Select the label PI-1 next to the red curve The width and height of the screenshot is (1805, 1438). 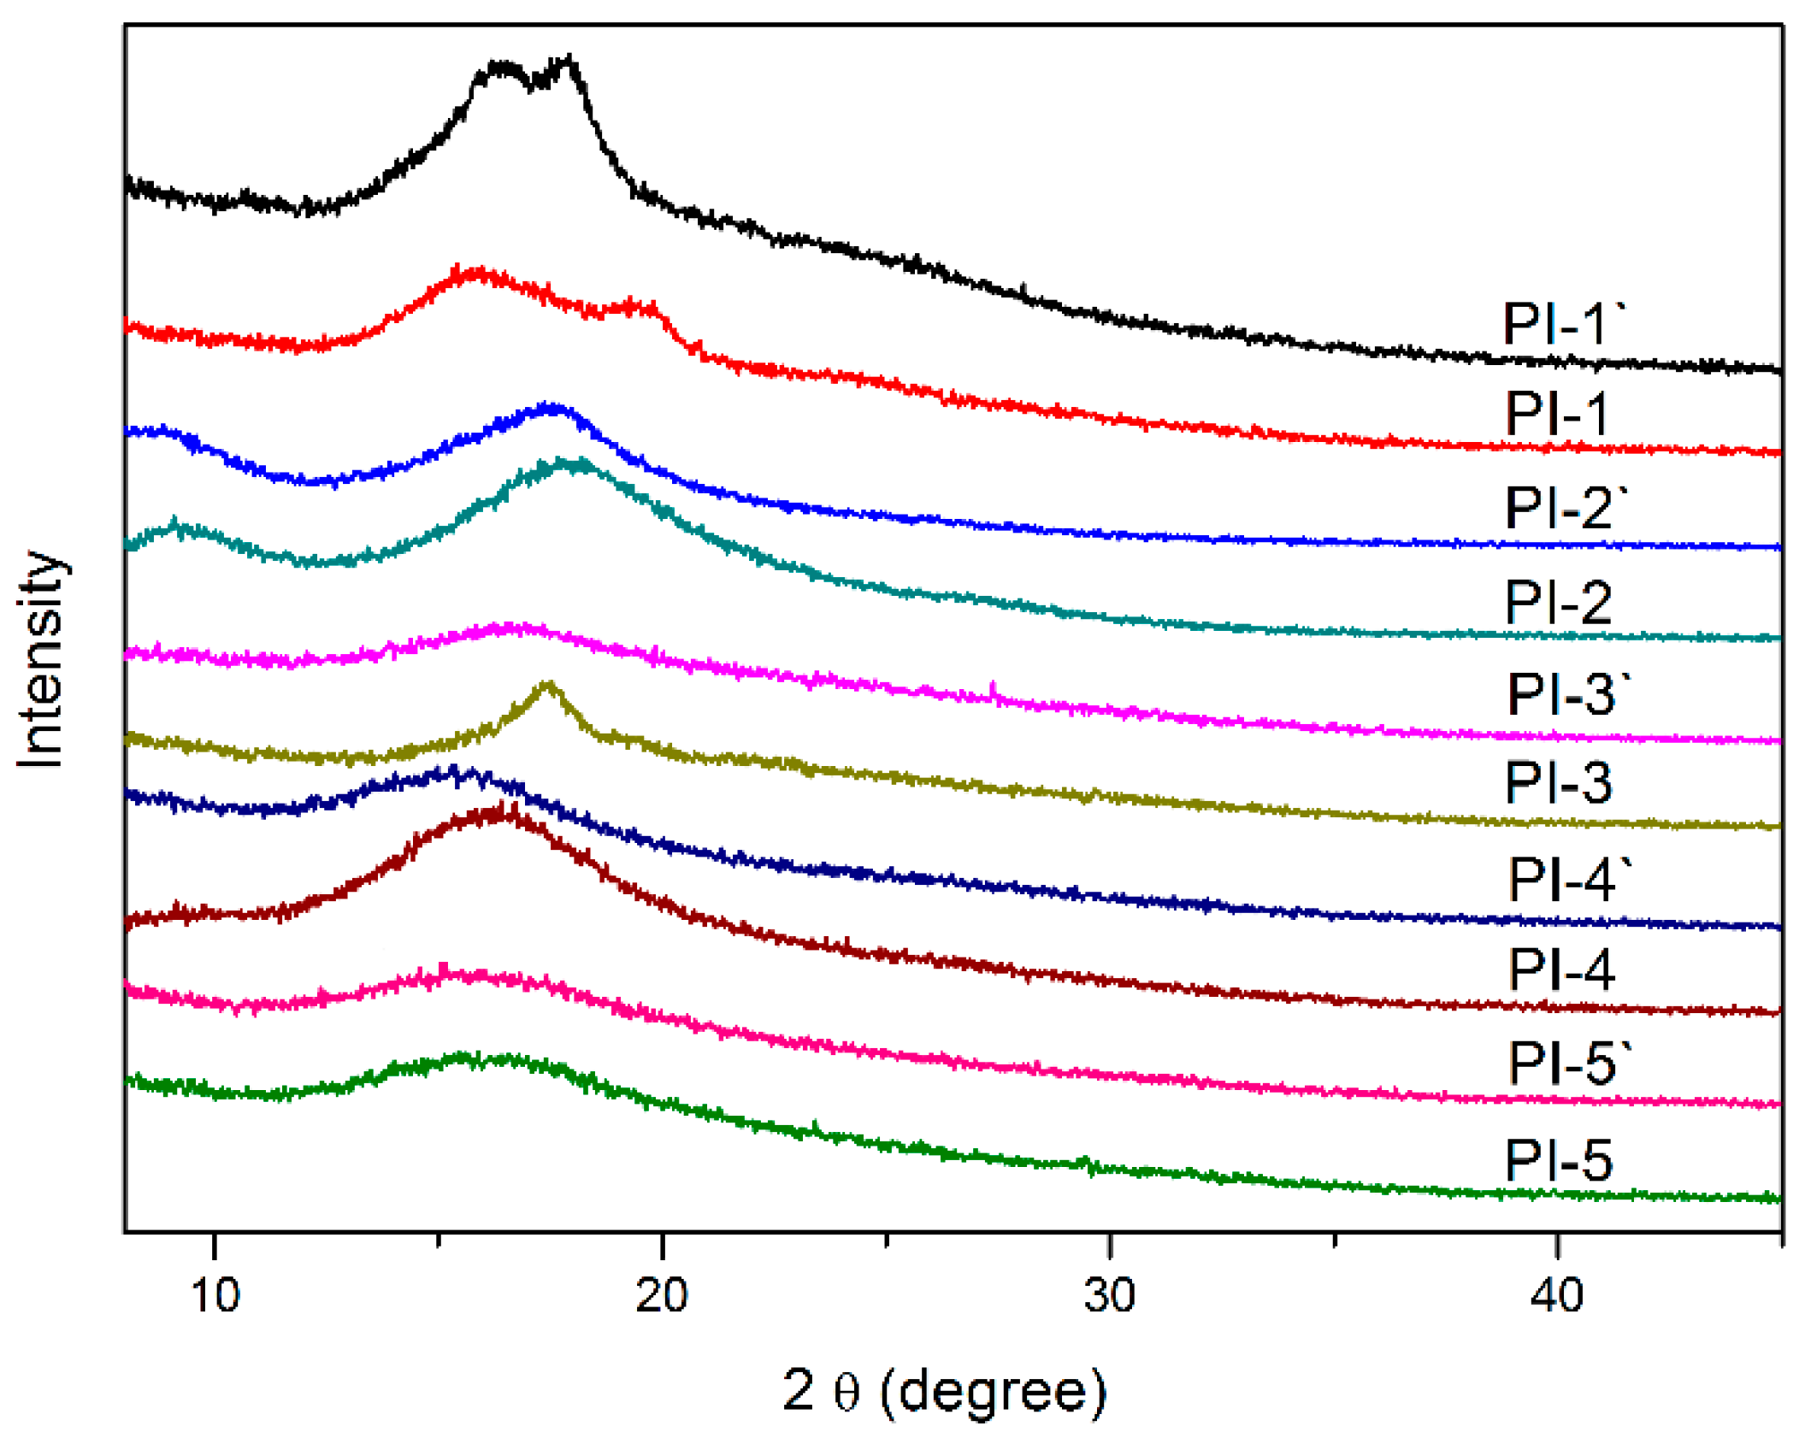(1555, 414)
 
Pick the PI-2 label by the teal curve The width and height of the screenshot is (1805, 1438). (1557, 602)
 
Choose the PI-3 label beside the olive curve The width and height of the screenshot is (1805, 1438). (1557, 781)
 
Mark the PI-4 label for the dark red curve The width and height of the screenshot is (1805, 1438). (1560, 969)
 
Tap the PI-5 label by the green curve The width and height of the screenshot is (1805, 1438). (1558, 1160)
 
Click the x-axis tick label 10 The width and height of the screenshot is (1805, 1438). (215, 1295)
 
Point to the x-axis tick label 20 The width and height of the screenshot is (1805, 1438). (661, 1295)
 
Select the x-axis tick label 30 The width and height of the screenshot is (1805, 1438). (1108, 1295)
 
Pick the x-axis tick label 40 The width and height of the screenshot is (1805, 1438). (1555, 1295)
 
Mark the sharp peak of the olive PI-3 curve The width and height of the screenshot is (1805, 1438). (548, 685)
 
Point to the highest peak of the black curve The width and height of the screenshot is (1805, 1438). (567, 60)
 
